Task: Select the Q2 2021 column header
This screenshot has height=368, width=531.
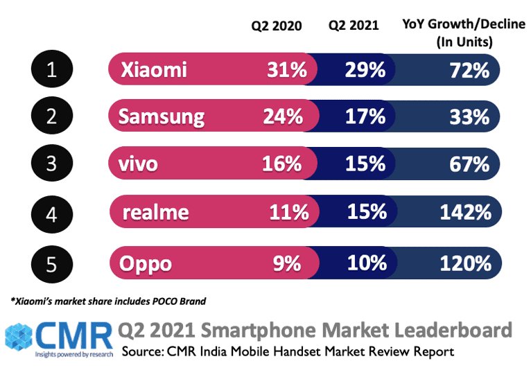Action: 354,26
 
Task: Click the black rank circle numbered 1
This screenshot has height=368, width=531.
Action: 52,70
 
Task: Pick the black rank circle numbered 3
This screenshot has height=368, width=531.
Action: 52,164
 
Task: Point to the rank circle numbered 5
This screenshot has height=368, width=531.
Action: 52,264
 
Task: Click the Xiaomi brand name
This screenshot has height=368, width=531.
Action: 153,70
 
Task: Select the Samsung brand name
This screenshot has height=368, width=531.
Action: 162,116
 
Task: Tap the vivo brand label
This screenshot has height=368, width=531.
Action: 138,164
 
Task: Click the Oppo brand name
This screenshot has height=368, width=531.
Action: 146,264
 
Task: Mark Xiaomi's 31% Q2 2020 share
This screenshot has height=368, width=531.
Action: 286,70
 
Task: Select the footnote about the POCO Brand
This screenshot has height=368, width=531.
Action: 107,301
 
